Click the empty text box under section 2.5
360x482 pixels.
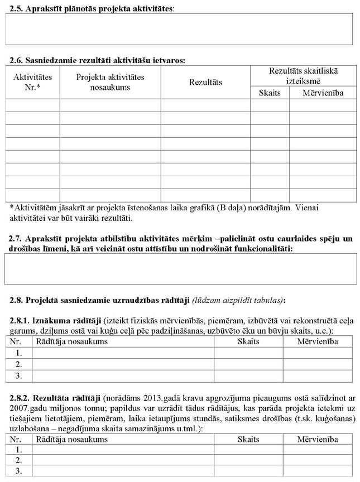point(179,29)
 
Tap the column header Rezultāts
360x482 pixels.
point(205,83)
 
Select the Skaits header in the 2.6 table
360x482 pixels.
point(269,93)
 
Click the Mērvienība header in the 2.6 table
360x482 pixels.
point(323,93)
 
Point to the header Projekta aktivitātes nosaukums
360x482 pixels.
point(110,82)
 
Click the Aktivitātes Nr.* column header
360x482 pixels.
point(32,82)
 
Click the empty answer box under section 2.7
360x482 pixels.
point(179,269)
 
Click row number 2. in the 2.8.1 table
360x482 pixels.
point(18,364)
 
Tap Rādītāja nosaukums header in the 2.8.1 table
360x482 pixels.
point(71,341)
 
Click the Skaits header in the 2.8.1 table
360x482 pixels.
point(248,341)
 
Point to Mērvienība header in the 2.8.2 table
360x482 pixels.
point(318,440)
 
